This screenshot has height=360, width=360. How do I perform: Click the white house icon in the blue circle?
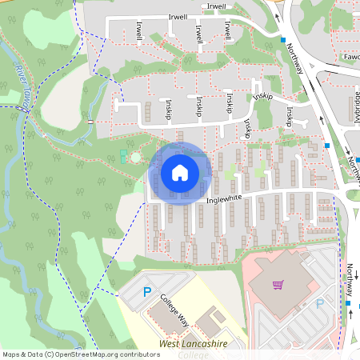[x=180, y=171]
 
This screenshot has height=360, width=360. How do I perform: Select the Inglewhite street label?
[x=223, y=200]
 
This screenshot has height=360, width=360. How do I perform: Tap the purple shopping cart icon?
[x=278, y=284]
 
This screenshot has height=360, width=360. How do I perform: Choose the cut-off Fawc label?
[x=349, y=58]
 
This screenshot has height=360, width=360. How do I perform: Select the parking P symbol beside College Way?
[x=146, y=293]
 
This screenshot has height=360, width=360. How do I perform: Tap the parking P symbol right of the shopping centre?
[x=320, y=303]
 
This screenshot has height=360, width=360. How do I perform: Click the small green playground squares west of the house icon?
[x=122, y=155]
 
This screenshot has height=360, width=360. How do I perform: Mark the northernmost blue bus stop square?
[x=282, y=39]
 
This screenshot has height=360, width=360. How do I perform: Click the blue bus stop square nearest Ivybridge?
[x=327, y=146]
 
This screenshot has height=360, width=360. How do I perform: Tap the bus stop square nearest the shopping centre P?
[x=348, y=304]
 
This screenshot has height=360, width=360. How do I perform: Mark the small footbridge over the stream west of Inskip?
[x=90, y=121]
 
